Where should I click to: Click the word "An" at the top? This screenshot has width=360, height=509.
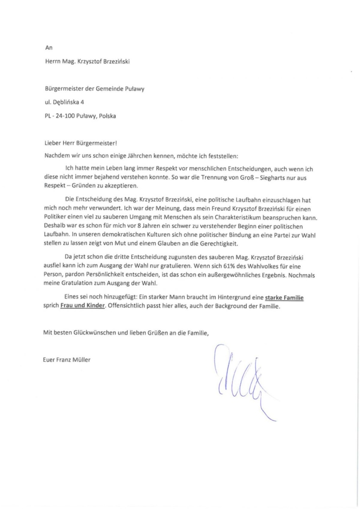[x=48, y=48]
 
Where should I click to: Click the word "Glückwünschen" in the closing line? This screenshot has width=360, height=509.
[x=91, y=333]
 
